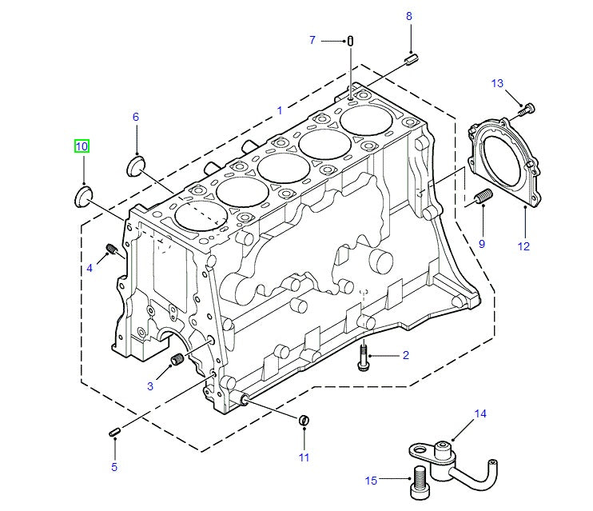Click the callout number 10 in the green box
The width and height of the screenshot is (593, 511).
tap(82, 146)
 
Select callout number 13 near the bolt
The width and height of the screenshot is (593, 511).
tap(497, 83)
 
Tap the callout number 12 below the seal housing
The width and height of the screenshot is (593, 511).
tap(523, 246)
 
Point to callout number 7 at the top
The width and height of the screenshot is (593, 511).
tap(312, 40)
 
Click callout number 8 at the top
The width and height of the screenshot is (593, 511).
tap(409, 16)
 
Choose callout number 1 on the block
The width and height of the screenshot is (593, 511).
tap(280, 110)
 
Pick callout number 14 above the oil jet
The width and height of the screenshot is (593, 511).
tap(480, 413)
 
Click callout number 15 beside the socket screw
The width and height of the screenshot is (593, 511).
tap(371, 481)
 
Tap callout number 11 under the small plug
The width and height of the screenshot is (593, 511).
tap(304, 457)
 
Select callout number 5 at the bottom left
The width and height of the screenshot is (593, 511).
tap(113, 466)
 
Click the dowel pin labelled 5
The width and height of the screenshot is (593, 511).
tap(115, 433)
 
